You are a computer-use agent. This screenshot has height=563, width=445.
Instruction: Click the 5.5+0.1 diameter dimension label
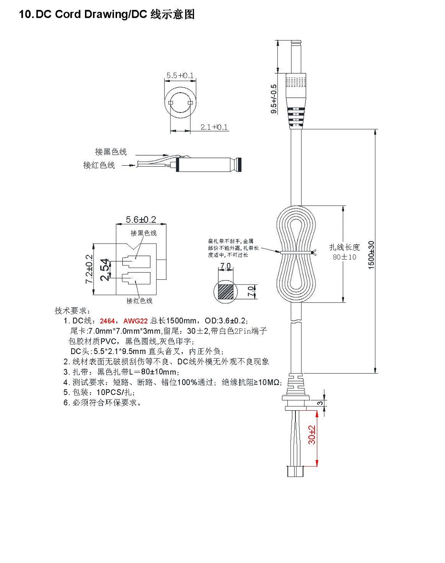pos(180,76)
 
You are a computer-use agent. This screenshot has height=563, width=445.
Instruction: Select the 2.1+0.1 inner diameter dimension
pos(214,127)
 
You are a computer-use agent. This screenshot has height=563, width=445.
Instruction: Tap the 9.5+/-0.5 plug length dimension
pos(274,99)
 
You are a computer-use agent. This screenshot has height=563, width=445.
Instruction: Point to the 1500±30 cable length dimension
pos(372,255)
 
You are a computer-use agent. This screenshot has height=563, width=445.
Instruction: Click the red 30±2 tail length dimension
pos(312,435)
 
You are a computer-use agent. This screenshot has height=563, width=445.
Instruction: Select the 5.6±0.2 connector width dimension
pos(141,220)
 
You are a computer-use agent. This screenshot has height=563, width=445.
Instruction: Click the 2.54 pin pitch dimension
pos(105,269)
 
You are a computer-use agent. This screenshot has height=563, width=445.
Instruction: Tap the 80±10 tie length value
pos(344,257)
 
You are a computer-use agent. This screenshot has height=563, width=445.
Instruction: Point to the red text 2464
pos(107,321)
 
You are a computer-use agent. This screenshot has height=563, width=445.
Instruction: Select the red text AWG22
pos(135,321)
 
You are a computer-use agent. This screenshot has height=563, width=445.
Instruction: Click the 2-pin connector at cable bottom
pos(294,470)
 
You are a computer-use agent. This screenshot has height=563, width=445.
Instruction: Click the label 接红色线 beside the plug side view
pos(99,165)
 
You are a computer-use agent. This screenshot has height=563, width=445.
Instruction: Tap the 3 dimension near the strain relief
pos(320,403)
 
